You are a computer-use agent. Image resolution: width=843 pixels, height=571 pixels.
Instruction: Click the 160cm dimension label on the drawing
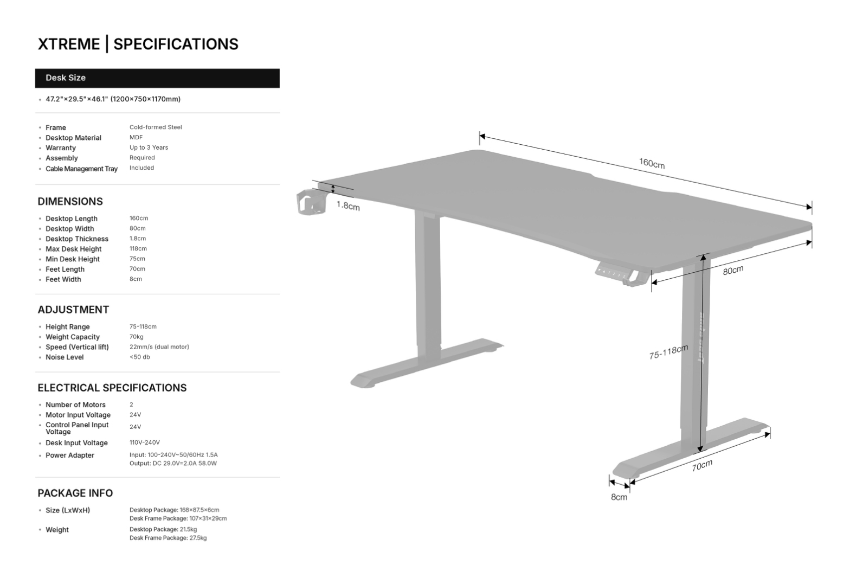tap(651, 163)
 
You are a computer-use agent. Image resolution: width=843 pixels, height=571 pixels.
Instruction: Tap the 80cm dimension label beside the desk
tap(732, 270)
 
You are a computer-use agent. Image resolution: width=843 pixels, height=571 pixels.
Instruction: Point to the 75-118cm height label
tap(668, 352)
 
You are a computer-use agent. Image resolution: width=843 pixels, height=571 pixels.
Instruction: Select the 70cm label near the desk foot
tap(702, 465)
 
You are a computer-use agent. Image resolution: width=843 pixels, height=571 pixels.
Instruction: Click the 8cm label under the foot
tap(619, 497)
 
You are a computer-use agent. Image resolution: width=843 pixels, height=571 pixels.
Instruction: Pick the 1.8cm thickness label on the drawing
tap(348, 206)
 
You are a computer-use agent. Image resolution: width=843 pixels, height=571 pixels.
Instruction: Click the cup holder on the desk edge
tap(311, 202)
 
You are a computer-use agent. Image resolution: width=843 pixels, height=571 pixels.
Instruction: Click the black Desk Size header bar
tap(157, 78)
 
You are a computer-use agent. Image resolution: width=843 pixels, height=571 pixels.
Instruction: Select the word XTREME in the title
tap(69, 44)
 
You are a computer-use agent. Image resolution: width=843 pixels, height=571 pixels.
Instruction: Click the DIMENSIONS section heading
tap(70, 202)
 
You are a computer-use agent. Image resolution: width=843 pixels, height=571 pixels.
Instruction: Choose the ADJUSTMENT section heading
tap(73, 310)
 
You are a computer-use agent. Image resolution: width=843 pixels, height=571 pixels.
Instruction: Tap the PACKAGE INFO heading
tap(75, 493)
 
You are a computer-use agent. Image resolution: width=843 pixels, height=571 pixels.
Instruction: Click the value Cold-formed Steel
tap(156, 127)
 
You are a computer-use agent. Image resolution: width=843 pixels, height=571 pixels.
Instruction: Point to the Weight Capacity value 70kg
tap(137, 337)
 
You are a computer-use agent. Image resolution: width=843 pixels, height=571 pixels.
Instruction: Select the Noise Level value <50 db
tap(140, 357)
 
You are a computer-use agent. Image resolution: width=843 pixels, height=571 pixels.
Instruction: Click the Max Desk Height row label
tap(73, 249)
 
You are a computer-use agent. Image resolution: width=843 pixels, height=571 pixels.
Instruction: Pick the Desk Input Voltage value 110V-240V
tap(145, 442)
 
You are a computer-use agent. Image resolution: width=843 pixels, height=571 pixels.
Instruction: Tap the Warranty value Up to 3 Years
tap(149, 147)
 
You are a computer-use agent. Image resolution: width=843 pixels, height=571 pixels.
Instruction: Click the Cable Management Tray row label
tap(81, 169)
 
